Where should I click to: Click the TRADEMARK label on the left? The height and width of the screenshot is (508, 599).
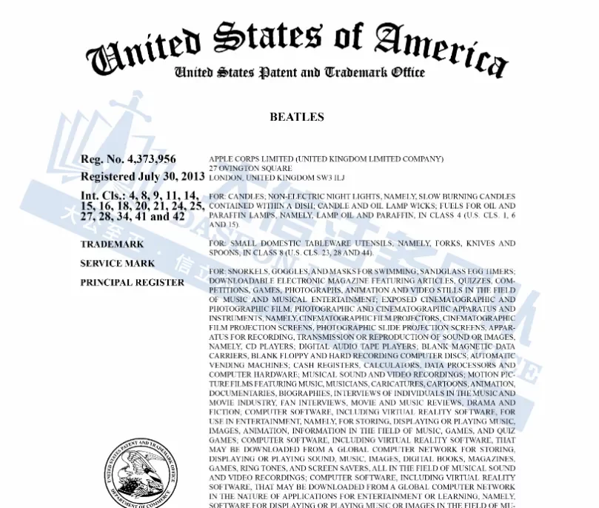tap(112, 244)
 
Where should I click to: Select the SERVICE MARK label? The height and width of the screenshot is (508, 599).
tap(118, 263)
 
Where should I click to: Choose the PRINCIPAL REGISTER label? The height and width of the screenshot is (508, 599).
tap(132, 282)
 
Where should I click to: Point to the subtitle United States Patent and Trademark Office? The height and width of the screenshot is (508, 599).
tap(299, 72)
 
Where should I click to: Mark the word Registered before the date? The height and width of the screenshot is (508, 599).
tap(107, 177)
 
